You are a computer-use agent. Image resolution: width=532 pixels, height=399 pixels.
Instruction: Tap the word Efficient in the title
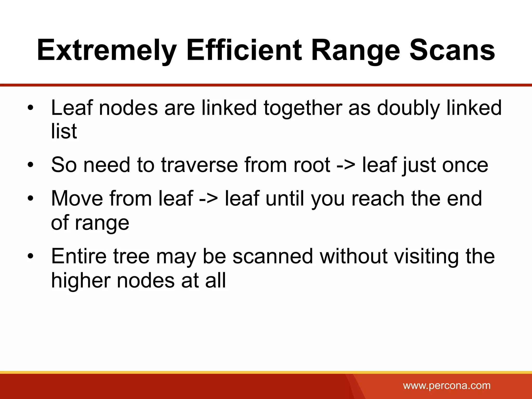[x=244, y=51]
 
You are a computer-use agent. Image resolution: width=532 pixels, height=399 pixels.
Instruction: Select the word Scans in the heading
[x=452, y=51]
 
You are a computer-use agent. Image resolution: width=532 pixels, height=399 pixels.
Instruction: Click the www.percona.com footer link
[x=447, y=385]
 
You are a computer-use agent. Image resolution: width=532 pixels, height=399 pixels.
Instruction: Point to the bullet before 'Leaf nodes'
[x=30, y=108]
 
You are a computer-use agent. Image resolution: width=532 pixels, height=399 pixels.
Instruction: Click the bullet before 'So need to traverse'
[x=30, y=165]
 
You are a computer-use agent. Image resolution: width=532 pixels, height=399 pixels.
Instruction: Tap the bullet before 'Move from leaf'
[x=30, y=199]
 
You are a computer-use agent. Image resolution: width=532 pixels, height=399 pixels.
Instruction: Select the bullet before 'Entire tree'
[x=30, y=256]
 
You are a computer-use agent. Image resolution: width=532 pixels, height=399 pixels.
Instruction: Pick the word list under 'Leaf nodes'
[x=64, y=131]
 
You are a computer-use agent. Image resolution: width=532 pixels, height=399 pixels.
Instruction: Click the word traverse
[x=199, y=165]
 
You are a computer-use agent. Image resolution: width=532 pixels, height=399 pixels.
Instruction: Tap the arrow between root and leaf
[x=346, y=165]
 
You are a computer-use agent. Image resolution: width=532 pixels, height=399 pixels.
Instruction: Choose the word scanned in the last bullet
[x=273, y=256]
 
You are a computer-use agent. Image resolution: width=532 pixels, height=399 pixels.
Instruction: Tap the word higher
[x=80, y=281]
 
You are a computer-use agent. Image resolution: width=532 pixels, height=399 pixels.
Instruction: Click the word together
[x=303, y=108]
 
